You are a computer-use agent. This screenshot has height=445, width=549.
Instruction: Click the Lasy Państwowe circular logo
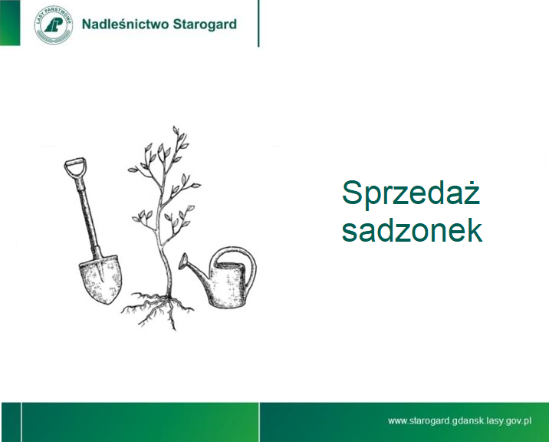point(54,25)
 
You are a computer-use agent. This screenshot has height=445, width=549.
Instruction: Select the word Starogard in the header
point(205,25)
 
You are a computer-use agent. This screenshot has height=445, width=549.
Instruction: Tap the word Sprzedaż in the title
point(411,193)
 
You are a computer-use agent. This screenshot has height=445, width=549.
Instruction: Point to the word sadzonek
point(412,230)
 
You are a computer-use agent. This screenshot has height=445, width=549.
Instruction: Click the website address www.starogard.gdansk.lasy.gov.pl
point(460,420)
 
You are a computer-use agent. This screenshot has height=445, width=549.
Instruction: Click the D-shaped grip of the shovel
point(75,167)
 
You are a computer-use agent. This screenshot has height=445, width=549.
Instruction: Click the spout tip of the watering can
point(182,262)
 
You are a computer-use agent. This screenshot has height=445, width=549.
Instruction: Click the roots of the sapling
point(157,310)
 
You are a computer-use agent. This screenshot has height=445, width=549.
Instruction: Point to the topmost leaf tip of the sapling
point(175,127)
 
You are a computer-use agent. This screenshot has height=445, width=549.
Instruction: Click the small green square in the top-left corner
point(10,23)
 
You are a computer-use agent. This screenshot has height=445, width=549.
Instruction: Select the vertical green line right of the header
point(258,23)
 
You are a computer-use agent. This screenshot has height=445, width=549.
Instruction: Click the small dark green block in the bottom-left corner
point(11,422)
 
